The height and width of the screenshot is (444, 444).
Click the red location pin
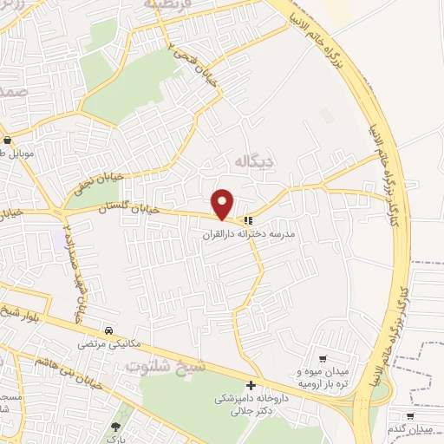(224, 204)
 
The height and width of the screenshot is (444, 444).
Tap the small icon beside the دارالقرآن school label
(248, 219)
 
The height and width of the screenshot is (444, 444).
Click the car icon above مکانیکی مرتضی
(108, 331)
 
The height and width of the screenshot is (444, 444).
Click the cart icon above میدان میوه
(323, 358)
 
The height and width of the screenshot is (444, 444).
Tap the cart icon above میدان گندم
(408, 416)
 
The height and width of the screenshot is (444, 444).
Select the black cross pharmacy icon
(251, 385)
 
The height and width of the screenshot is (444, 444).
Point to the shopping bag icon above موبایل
(8, 140)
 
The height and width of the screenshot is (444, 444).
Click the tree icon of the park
(114, 427)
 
